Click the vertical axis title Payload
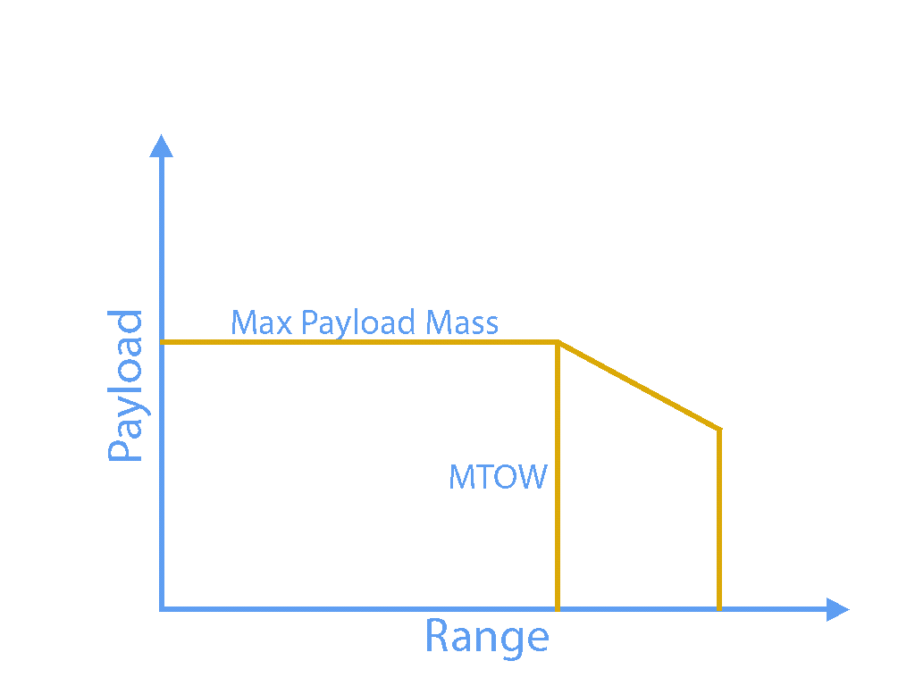(126, 386)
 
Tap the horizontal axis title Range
(486, 637)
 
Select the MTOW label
(497, 477)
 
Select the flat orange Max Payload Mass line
(357, 342)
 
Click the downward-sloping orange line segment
(639, 386)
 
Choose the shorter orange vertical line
(719, 518)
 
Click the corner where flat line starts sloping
(558, 342)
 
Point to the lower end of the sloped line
(719, 430)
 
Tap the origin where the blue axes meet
(162, 609)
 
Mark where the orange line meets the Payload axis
(162, 342)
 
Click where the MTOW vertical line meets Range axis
(558, 609)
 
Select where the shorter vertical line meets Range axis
(719, 609)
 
